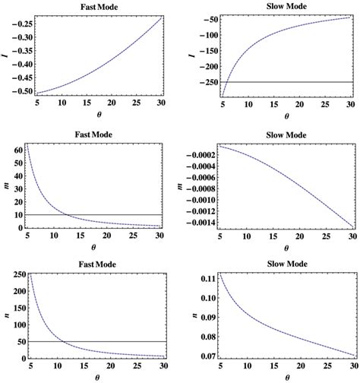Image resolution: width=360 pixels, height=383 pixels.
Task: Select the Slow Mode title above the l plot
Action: click(286, 5)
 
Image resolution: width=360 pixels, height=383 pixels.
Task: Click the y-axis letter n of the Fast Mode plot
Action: click(7, 315)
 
